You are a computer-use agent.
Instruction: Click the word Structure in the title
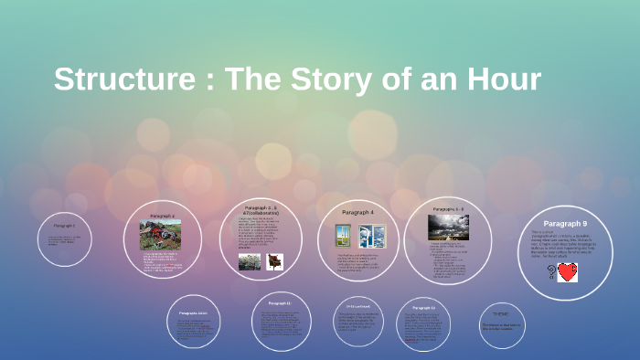click(x=127, y=79)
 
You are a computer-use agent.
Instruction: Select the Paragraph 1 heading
click(x=64, y=225)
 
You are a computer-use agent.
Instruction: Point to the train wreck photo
click(x=160, y=235)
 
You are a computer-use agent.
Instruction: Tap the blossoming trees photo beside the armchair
click(x=250, y=262)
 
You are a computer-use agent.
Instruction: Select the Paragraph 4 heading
click(x=357, y=213)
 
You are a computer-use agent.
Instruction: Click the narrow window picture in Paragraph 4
click(x=343, y=235)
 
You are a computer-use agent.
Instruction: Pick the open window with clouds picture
click(x=372, y=235)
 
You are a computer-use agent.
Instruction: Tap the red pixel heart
click(x=568, y=271)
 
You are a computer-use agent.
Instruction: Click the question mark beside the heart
click(x=551, y=271)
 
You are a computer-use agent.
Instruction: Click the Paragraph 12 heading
click(x=424, y=308)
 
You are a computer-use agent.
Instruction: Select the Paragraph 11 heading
click(x=279, y=303)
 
